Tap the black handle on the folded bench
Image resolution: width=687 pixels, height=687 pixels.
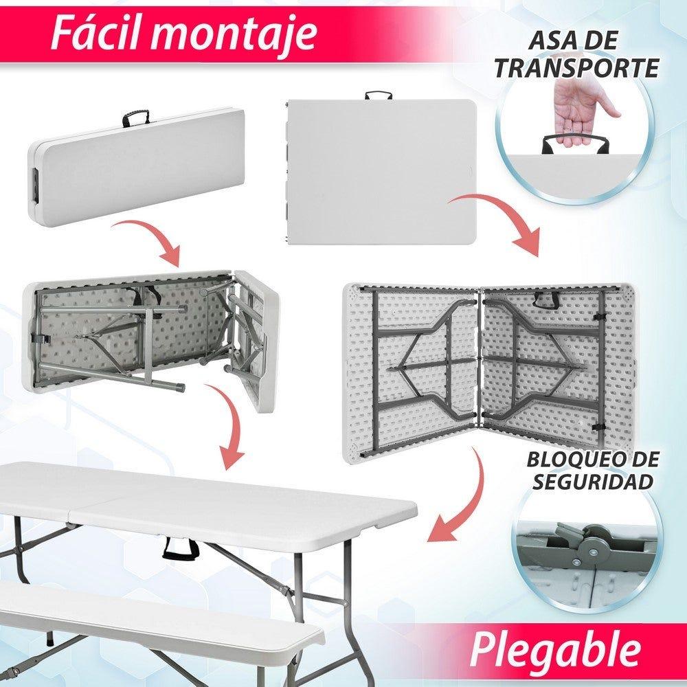136,117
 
